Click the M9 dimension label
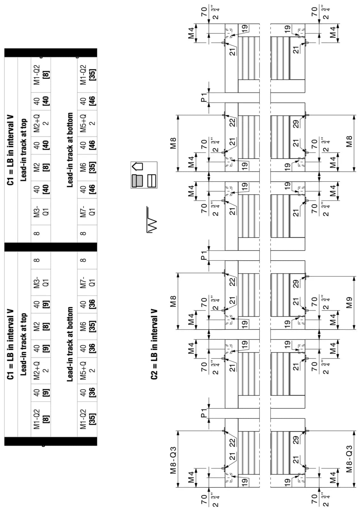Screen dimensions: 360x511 [x=349, y=302]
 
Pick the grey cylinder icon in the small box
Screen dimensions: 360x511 [x=137, y=181]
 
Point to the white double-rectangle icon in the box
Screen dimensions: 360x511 [x=152, y=181]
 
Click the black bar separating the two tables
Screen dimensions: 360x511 [x=51, y=247]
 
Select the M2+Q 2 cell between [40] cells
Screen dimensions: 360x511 [x=41, y=123]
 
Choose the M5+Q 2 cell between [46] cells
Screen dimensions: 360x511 [x=88, y=123]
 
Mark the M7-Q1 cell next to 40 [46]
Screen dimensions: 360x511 [x=88, y=212]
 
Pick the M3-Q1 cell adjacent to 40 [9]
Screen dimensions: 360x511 [x=41, y=282]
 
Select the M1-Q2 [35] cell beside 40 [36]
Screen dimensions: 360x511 [x=88, y=419]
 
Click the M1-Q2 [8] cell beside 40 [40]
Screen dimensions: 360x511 [x=41, y=75]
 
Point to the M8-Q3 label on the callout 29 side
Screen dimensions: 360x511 [x=349, y=459]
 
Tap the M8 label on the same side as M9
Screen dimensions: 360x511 [x=349, y=141]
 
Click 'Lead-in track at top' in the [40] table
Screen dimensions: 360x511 [x=24, y=150]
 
